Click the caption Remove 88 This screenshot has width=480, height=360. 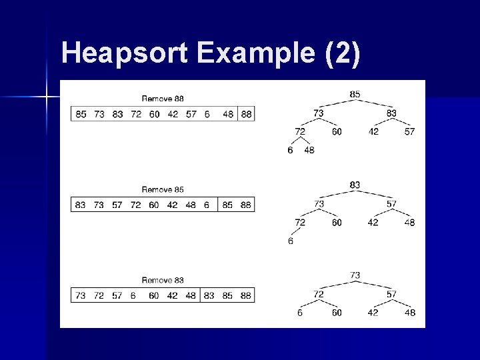coord(163,99)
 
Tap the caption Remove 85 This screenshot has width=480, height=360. coord(163,190)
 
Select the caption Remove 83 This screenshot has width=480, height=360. coord(163,281)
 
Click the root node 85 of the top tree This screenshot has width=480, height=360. coord(355,94)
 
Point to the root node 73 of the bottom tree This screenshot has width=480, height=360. coord(355,275)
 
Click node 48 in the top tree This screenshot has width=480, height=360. coord(309,150)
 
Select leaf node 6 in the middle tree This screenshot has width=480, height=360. coord(291,241)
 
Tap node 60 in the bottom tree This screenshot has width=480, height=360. coord(337,312)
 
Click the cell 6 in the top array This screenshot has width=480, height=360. coord(207,114)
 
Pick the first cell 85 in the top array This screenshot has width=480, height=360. coord(81,114)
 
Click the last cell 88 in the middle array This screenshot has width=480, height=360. coord(246,205)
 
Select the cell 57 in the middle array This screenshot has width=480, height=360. coord(117,205)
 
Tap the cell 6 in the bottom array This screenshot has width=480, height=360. coord(133,295)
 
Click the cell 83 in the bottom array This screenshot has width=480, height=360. coord(209,295)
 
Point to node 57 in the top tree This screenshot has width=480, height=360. coord(409,131)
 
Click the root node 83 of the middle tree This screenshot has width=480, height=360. coord(355,185)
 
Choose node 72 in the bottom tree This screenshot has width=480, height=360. coord(319,293)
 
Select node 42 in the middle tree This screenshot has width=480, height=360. coord(373,222)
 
